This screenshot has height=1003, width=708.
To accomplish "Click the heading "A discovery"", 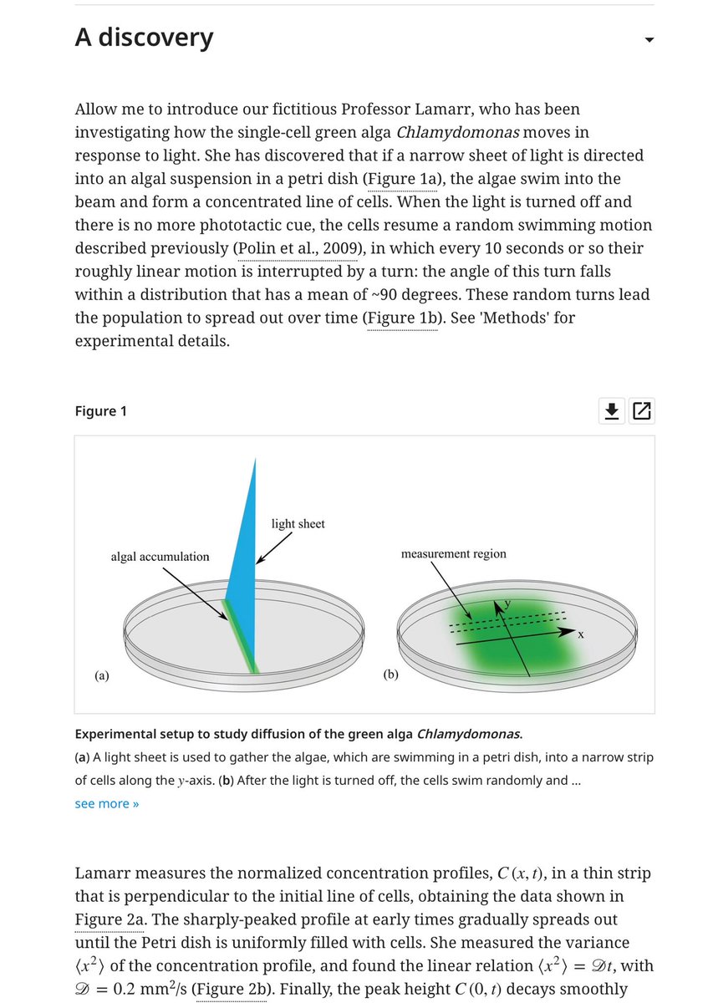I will click(144, 38).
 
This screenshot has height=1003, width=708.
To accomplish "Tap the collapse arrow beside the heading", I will click(649, 40).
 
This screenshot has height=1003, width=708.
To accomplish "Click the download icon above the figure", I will click(612, 410).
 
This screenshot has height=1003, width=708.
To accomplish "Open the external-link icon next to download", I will click(642, 410).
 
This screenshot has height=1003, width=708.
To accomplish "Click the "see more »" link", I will click(107, 803).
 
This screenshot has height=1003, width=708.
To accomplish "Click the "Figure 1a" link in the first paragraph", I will click(404, 179).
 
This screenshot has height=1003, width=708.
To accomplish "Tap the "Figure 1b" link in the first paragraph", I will click(401, 318).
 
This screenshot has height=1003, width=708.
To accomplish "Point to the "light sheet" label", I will click(298, 524).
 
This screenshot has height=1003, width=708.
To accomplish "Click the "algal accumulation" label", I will click(160, 557).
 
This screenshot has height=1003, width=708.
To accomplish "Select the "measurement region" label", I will click(453, 554).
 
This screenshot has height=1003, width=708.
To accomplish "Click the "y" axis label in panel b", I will click(507, 603).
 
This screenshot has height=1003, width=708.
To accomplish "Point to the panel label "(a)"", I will click(101, 675).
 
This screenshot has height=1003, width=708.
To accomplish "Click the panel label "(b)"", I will click(390, 675).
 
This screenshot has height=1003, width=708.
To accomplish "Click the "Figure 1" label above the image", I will click(101, 411).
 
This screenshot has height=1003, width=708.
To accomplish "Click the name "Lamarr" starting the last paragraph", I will click(105, 873).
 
